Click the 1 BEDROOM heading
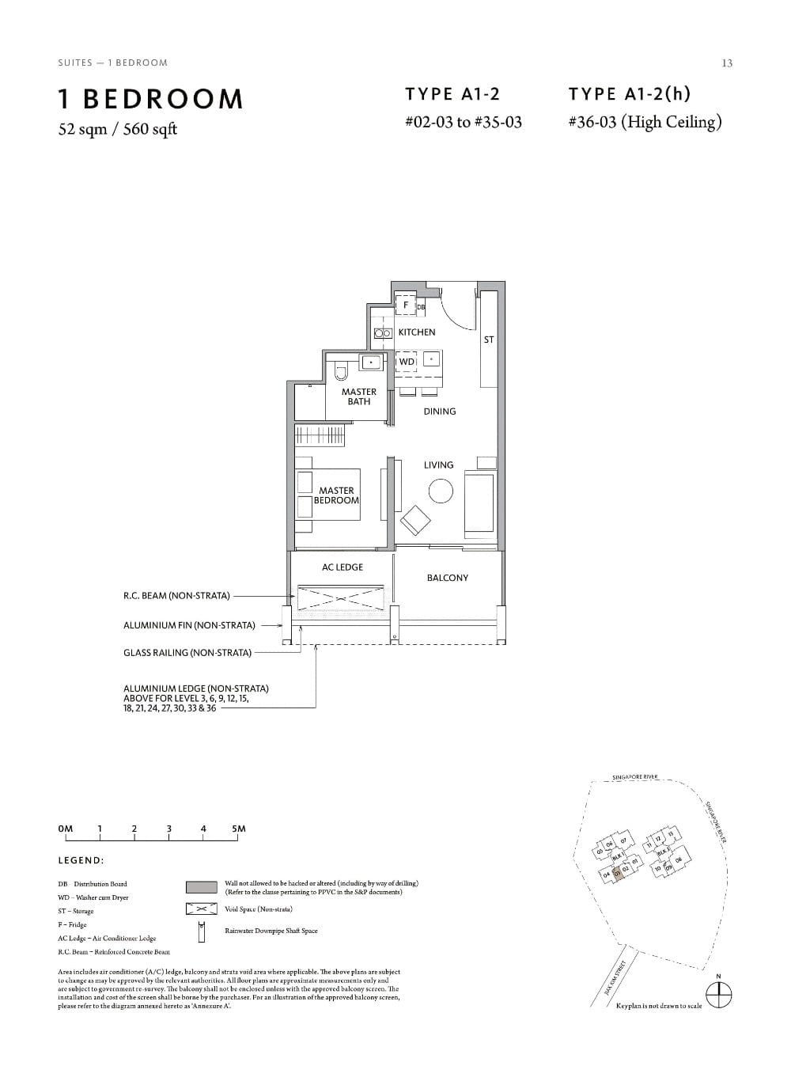click(150, 99)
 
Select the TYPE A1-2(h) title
click(629, 94)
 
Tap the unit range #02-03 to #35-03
click(463, 123)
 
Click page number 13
click(727, 63)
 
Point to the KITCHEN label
click(416, 332)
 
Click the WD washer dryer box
click(407, 362)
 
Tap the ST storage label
click(488, 340)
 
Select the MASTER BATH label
click(358, 396)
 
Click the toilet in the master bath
click(341, 371)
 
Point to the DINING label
click(439, 412)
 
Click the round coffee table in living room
click(441, 491)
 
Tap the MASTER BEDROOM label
click(336, 495)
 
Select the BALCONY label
click(447, 578)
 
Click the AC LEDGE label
click(343, 567)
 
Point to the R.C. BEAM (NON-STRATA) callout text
click(176, 596)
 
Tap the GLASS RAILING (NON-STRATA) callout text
click(187, 653)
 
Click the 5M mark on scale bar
click(238, 829)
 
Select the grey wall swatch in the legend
click(201, 887)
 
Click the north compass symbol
click(718, 995)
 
